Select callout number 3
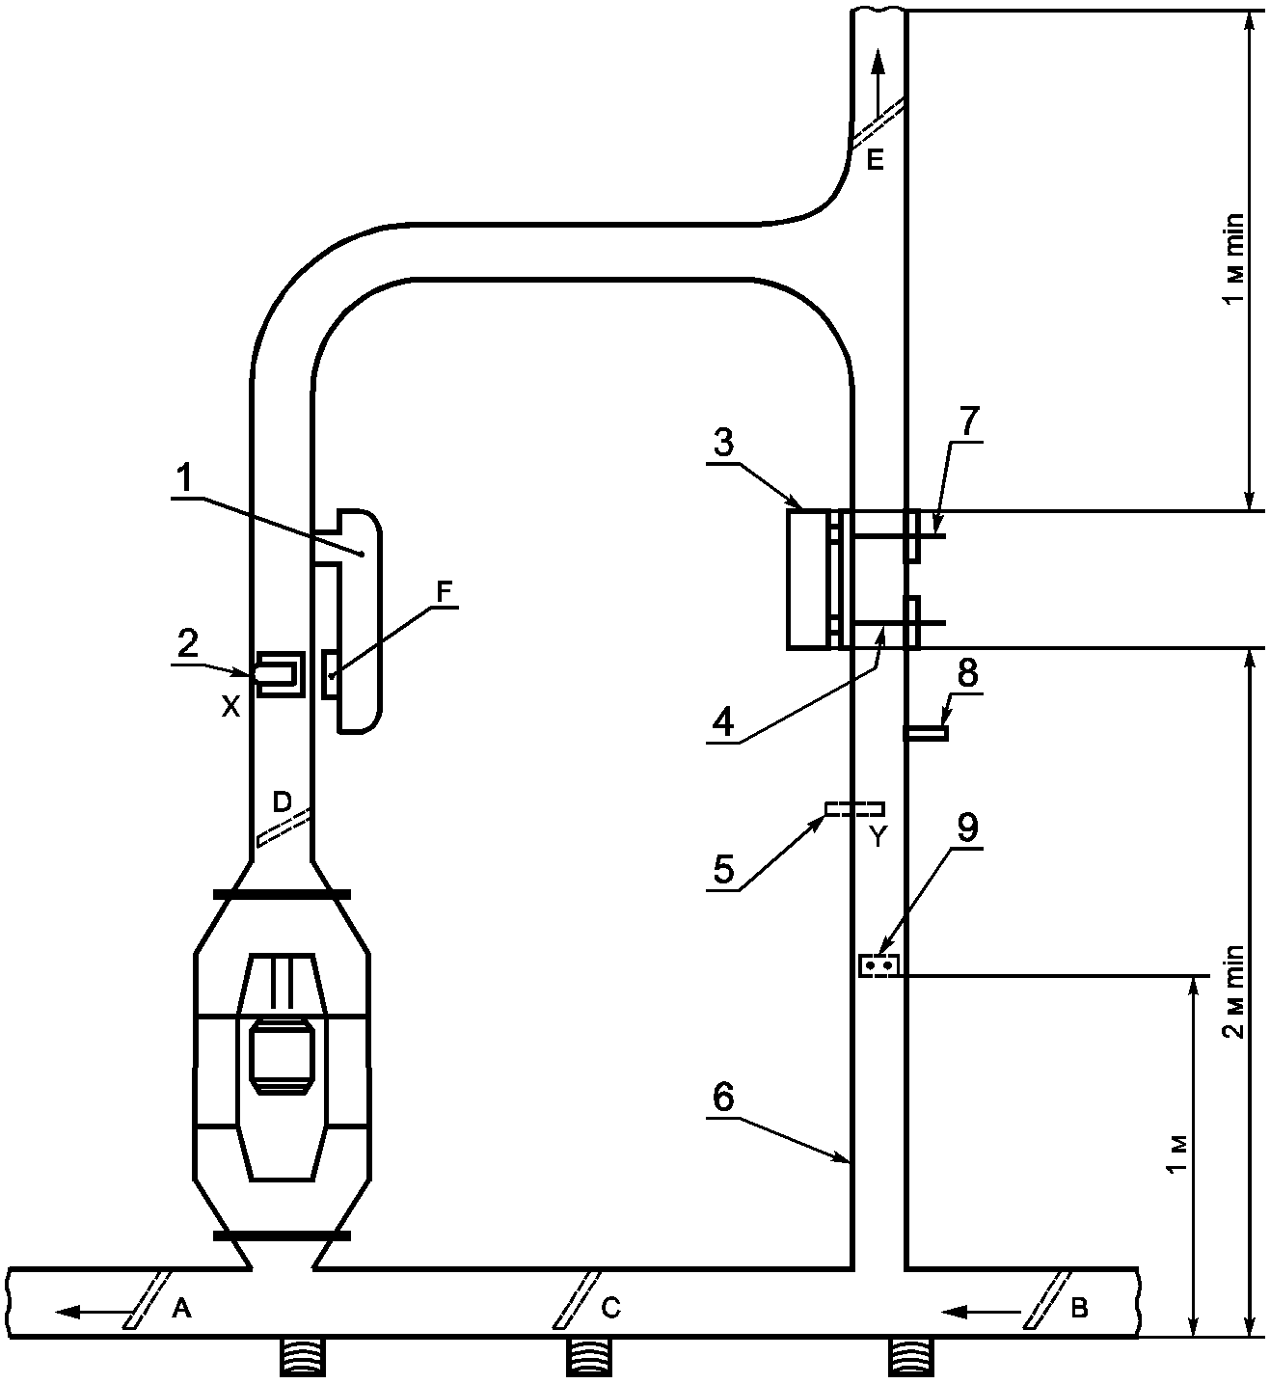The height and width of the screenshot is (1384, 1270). click(724, 443)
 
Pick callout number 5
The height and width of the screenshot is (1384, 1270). click(724, 870)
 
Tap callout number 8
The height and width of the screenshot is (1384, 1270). click(968, 672)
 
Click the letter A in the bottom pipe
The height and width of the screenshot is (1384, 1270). click(180, 1308)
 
